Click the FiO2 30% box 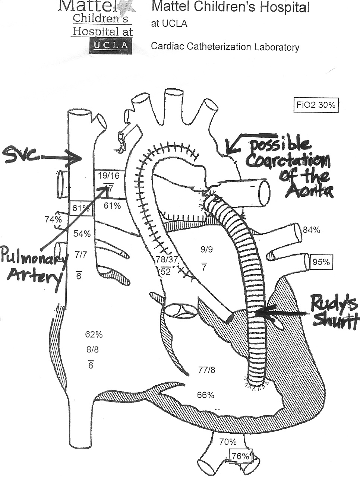(316, 105)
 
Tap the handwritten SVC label (22, 156)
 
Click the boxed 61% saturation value (80, 208)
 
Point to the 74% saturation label (53, 219)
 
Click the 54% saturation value (82, 234)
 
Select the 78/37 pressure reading (167, 259)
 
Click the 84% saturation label (311, 230)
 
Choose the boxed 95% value (321, 262)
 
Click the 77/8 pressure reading (206, 370)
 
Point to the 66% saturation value (205, 395)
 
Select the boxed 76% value (240, 456)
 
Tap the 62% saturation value (94, 334)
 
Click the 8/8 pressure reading (92, 349)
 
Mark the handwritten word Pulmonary (34, 258)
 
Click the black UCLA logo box (111, 46)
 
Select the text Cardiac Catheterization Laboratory (225, 47)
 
